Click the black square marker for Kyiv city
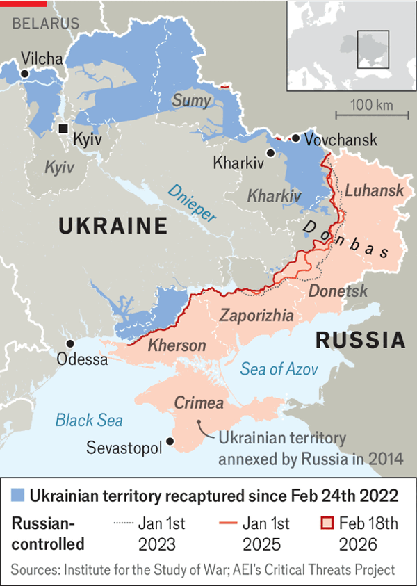[x=63, y=129]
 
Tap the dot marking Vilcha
[x=25, y=73]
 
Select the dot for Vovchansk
[x=296, y=138]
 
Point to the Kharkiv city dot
[x=270, y=152]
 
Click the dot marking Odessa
[x=69, y=343]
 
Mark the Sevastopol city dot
[x=171, y=441]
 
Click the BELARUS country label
[x=46, y=24]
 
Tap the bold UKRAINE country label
[x=113, y=226]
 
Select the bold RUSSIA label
[x=361, y=340]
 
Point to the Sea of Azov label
[x=279, y=369]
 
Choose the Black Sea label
[x=89, y=420]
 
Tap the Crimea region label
[x=199, y=403]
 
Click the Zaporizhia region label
[x=256, y=316]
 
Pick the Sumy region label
[x=191, y=101]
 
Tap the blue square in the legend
[x=19, y=496]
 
